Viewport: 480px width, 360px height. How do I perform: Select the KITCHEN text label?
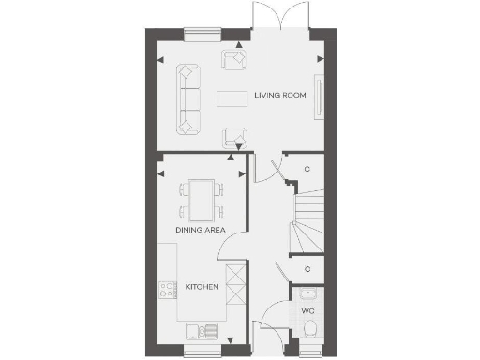point(202,286)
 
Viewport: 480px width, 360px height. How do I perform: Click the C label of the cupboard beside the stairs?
point(308,169)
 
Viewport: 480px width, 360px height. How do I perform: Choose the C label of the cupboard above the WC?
point(308,269)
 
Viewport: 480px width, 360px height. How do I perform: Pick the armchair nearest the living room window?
point(232,62)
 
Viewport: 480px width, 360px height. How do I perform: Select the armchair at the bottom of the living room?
point(233,137)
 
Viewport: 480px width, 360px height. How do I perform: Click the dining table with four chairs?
point(201,199)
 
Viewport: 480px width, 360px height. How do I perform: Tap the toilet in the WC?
point(311,328)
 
